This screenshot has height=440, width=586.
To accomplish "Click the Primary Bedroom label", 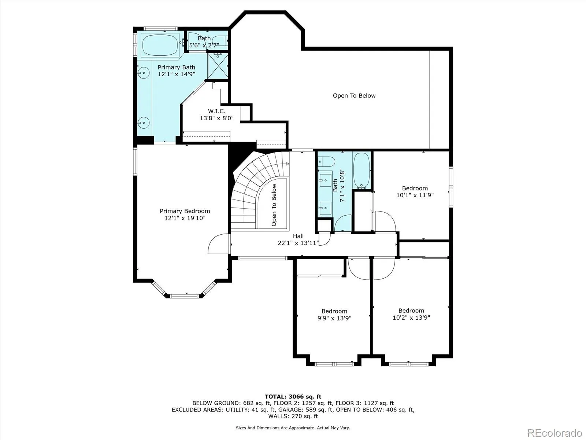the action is [185, 211].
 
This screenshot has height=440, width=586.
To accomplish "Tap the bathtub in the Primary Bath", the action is [160, 45].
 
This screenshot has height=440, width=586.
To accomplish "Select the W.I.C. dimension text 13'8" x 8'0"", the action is [217, 118].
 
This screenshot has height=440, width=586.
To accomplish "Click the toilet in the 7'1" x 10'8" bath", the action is [326, 162].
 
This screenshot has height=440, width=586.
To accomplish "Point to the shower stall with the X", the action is [218, 66].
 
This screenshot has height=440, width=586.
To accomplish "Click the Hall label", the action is [298, 236].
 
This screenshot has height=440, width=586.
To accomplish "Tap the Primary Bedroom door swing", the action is [218, 243].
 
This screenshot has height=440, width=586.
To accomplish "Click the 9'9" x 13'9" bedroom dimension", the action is [334, 318].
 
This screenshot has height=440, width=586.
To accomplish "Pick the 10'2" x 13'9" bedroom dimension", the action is [411, 318].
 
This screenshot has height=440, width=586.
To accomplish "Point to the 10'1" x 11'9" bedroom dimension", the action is [415, 195].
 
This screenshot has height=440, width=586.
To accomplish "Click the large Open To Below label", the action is [354, 96].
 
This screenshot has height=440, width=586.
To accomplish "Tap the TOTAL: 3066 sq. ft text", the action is [293, 397].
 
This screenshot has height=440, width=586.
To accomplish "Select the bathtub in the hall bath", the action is [361, 171].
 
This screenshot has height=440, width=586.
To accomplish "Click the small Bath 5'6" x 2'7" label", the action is [204, 42].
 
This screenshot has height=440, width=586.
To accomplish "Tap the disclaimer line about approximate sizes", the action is [293, 428].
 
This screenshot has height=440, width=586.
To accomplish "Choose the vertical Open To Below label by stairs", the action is [274, 205].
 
